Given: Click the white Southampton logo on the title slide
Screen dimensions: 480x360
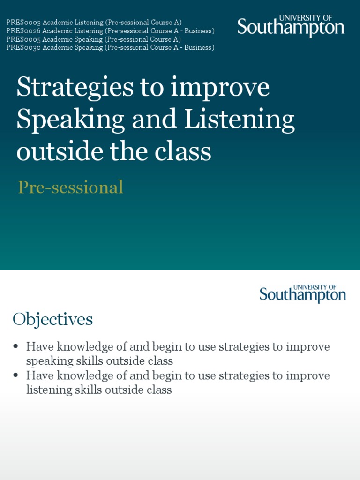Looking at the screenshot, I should (x=291, y=26).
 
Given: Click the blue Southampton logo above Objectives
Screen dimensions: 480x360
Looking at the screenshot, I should (x=302, y=293).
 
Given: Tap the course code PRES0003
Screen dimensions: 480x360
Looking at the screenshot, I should (x=23, y=22).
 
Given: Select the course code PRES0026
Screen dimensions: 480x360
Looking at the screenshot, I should (x=23, y=30).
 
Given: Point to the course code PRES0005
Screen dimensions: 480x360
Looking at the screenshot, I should (x=23, y=39).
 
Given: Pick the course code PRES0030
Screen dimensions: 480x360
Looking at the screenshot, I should (x=23, y=47).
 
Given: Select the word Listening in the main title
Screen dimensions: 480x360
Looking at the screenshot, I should (x=239, y=120).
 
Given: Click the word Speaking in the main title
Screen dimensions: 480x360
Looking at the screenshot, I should (x=70, y=120).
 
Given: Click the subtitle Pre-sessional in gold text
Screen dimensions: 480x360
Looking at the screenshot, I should (x=70, y=187).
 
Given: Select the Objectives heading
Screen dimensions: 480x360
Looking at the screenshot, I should (x=52, y=319).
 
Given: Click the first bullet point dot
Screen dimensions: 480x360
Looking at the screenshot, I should (x=16, y=346).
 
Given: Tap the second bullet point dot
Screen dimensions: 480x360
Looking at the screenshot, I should (x=16, y=375).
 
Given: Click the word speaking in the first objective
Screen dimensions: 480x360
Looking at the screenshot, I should (x=47, y=361).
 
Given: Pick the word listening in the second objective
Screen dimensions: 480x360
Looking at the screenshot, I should (x=46, y=390).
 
